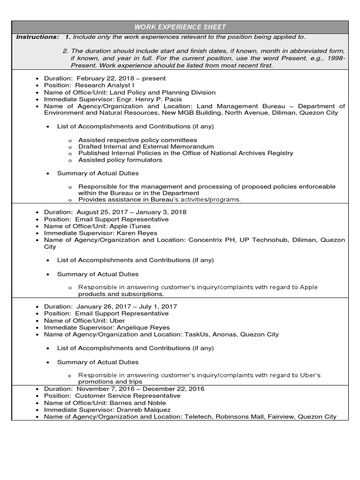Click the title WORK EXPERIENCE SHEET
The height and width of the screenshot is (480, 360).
(180, 27)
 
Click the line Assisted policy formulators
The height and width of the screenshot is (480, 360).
(120, 160)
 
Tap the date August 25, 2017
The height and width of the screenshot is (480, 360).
(99, 212)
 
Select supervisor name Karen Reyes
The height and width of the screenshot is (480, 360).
(140, 233)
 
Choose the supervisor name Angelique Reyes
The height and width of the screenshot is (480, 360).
(146, 327)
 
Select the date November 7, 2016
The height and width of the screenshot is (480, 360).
(105, 389)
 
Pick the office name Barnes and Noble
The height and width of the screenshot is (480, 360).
(138, 403)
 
